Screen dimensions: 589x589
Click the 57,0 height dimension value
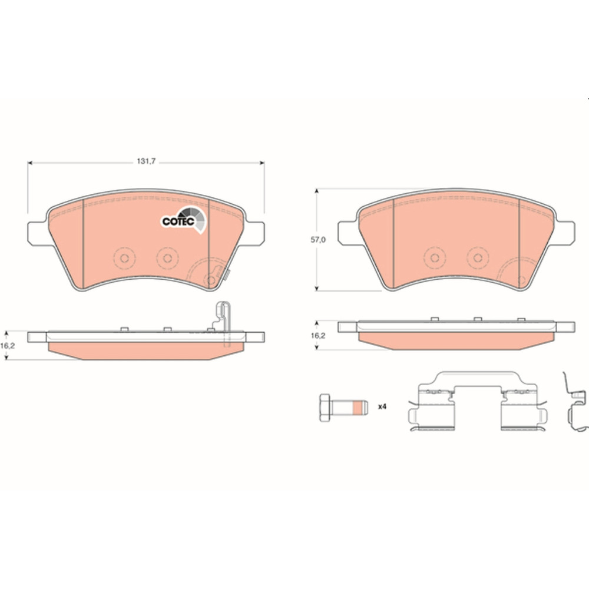click(318, 240)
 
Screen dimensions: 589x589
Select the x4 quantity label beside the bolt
click(382, 406)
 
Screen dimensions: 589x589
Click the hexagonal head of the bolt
click(325, 407)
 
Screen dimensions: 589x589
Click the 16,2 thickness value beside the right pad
click(318, 336)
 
